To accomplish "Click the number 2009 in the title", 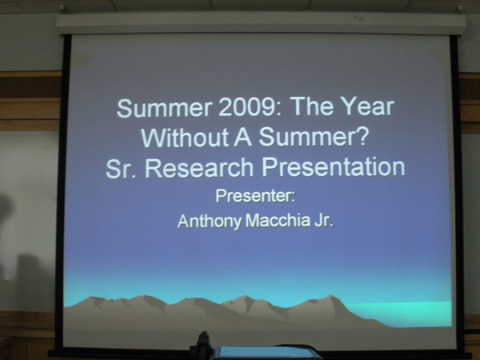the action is tap(246, 108).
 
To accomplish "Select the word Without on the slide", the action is tap(185, 137).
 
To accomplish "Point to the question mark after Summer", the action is tap(361, 136).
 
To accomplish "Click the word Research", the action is tap(199, 168).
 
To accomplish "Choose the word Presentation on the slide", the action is tap(333, 167).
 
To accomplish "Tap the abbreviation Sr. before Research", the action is tap(121, 168).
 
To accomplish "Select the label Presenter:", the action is tap(255, 196).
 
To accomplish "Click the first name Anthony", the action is tap(210, 221).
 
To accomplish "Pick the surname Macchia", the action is tap(278, 220).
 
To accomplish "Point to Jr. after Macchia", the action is tap(324, 220).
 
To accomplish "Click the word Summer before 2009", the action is tap(164, 108).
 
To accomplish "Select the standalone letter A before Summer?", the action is tap(243, 137).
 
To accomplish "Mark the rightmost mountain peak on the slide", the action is tap(331, 297).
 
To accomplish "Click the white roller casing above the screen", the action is tap(261, 24).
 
